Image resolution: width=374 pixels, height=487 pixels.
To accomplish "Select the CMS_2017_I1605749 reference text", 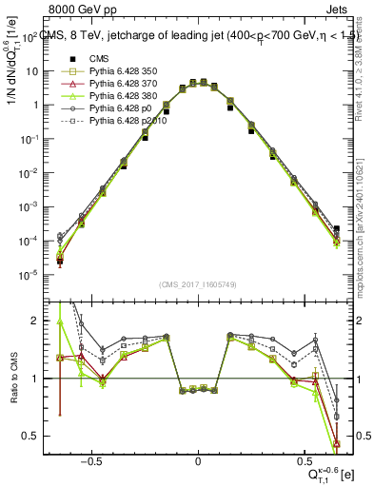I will pyautogui.click(x=198, y=284).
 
